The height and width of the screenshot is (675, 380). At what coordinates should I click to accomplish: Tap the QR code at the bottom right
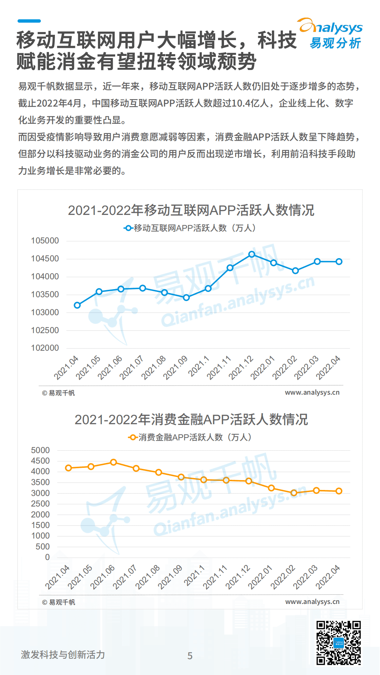coord(338,643)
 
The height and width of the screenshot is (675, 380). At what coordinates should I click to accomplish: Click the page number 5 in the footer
coord(190,656)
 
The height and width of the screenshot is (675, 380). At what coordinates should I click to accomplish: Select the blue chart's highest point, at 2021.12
coord(252,254)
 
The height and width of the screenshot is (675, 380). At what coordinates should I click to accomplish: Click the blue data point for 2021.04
coord(77,305)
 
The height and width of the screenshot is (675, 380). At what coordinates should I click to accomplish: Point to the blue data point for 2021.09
coord(186,298)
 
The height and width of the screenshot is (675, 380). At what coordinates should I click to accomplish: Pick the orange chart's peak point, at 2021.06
coord(113,462)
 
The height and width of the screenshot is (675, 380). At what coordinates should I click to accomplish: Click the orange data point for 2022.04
coord(339,491)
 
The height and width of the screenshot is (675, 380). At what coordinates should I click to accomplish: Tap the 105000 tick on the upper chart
coord(45,241)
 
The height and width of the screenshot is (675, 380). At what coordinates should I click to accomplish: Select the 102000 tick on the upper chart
coord(45,348)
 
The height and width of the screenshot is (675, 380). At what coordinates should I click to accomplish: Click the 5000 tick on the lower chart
coord(41,451)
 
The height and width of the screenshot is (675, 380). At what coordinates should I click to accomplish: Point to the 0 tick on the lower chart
coord(47,558)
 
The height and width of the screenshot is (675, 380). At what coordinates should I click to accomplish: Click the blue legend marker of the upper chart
coord(128,228)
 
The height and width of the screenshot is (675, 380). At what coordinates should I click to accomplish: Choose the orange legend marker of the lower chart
coord(133,438)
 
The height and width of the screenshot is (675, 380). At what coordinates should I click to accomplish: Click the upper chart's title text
coord(191,210)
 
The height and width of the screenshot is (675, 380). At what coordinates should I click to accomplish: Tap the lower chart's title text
coord(191,420)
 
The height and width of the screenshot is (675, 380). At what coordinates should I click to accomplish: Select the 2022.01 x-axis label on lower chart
coord(260,577)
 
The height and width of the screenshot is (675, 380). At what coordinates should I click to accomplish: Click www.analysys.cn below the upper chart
coord(312,393)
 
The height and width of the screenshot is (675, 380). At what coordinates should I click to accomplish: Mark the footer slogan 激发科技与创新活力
coord(63,655)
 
